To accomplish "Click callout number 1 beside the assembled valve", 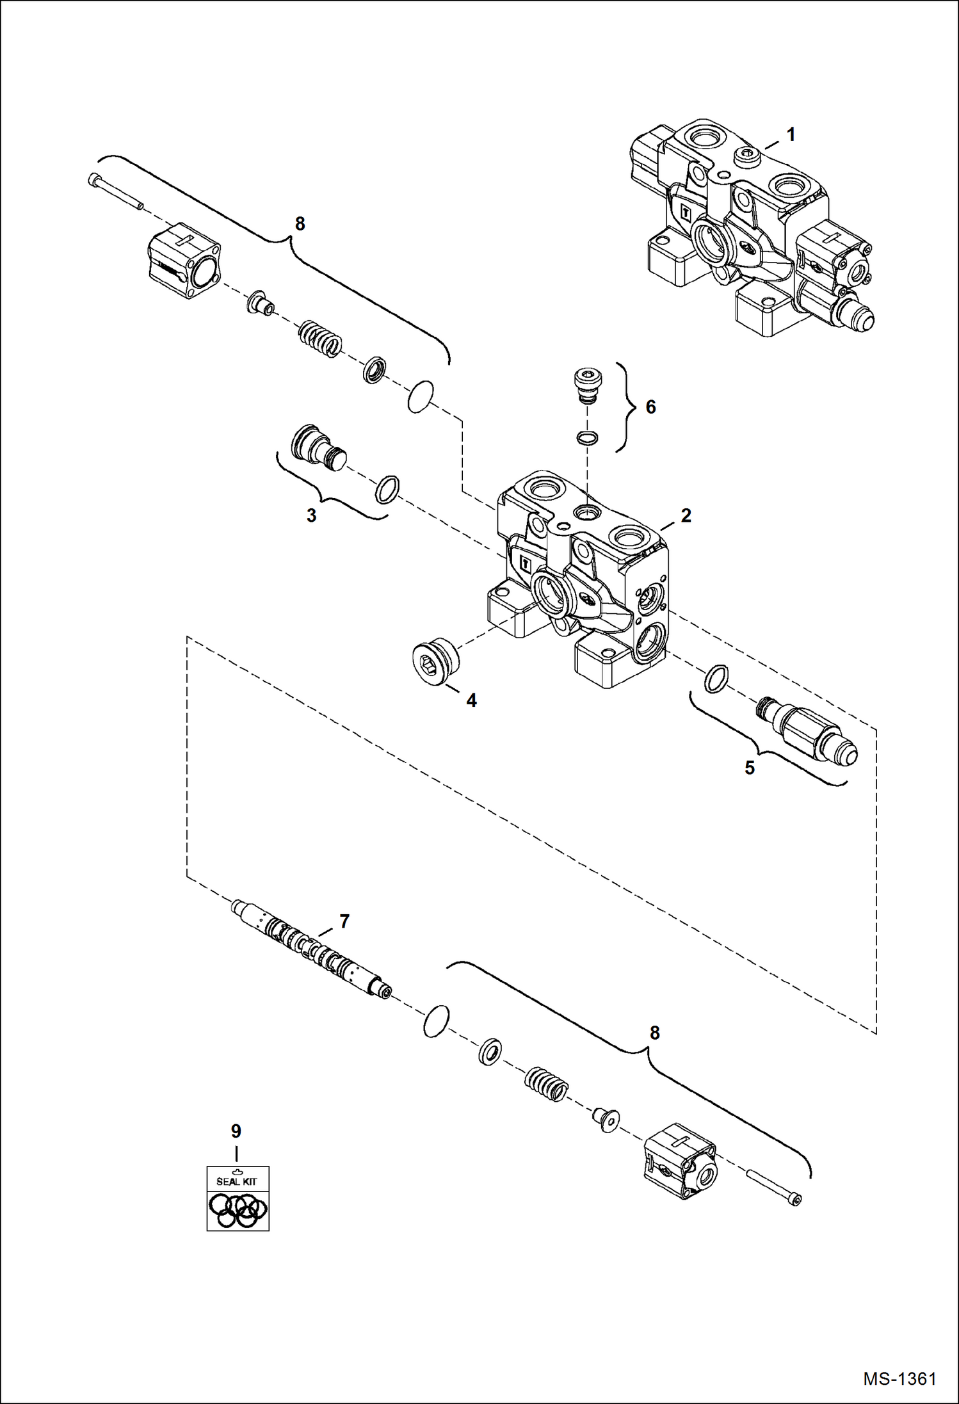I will pos(791,135).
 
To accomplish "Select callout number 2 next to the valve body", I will pos(686,515).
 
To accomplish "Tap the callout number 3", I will pos(311,516).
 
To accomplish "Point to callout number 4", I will pos(471,700).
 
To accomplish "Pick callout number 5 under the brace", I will pos(750,768).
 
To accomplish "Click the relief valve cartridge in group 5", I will pos(808,732).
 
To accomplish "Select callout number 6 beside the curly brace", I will pos(650,407).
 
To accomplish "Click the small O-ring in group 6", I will pos(587,438).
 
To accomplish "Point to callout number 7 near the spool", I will pos(344,921).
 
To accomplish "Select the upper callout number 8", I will pos(300,224).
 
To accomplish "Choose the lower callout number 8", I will pos(654,1033).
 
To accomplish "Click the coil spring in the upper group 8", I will pos(320,338).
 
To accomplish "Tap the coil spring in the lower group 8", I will pos(546,1085).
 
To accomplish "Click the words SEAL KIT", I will pos(237,1182).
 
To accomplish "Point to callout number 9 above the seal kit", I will pos(236,1131).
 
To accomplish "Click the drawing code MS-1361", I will pos(899,1378).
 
